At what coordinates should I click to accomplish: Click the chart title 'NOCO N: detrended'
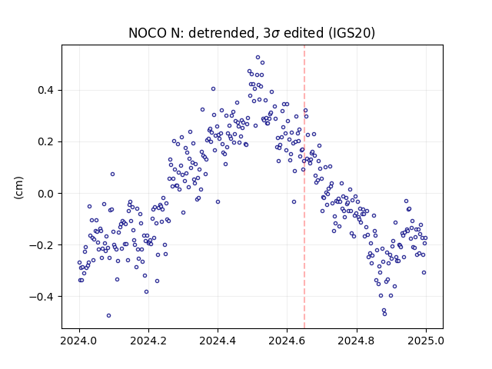click(x=191, y=33)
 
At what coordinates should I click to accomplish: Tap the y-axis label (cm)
click(x=18, y=188)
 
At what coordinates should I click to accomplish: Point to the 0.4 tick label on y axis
click(x=46, y=91)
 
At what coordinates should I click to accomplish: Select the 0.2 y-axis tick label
click(x=46, y=141)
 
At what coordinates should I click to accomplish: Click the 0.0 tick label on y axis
click(x=46, y=194)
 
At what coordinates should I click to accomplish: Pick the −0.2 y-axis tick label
click(x=42, y=245)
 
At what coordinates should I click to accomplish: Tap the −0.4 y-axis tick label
click(x=42, y=297)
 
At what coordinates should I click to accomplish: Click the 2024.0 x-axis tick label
click(x=79, y=341)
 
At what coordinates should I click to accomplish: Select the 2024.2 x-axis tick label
click(x=148, y=341)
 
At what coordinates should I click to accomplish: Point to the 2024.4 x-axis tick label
click(x=218, y=341)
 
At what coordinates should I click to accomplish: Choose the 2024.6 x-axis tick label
click(x=287, y=341)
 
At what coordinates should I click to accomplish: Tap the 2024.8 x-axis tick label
click(x=357, y=341)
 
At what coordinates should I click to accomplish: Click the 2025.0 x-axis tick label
click(x=426, y=341)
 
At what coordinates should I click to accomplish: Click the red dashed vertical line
click(x=304, y=187)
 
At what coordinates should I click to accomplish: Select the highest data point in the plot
click(x=258, y=58)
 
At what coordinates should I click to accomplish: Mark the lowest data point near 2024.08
click(x=108, y=316)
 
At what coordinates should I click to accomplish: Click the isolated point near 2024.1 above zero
click(x=113, y=175)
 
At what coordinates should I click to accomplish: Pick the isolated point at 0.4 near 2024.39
click(x=214, y=89)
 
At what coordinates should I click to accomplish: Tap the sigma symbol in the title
click(x=275, y=34)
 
